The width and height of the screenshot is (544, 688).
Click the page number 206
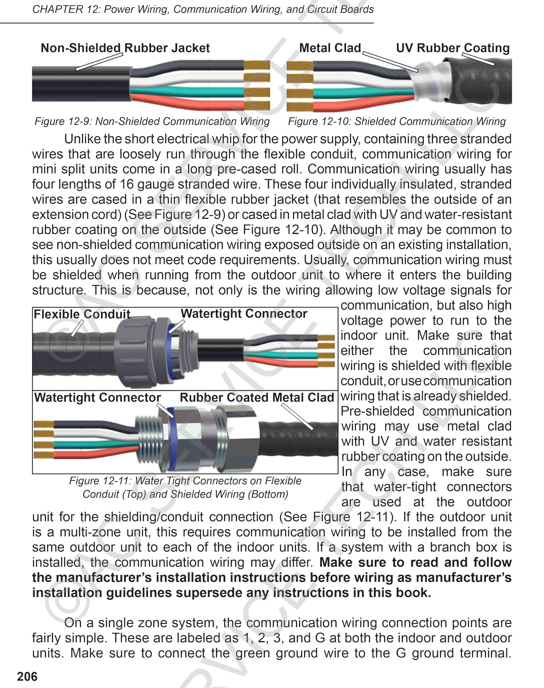point(27,676)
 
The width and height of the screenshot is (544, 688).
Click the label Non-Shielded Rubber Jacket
point(125,48)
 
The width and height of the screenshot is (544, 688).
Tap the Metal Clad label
point(330,48)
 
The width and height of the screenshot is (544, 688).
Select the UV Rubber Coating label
point(453,48)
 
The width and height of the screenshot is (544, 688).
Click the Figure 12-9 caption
point(152,121)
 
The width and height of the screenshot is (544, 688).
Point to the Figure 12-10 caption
point(397,121)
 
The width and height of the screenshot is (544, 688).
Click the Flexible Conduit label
point(82,314)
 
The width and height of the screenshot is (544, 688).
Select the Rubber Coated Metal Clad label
point(257,397)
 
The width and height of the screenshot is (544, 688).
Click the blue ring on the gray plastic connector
point(170,351)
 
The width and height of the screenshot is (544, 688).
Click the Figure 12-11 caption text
point(185,487)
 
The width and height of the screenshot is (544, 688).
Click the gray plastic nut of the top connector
point(135,351)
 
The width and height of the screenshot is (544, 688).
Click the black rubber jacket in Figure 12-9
point(80,84)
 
